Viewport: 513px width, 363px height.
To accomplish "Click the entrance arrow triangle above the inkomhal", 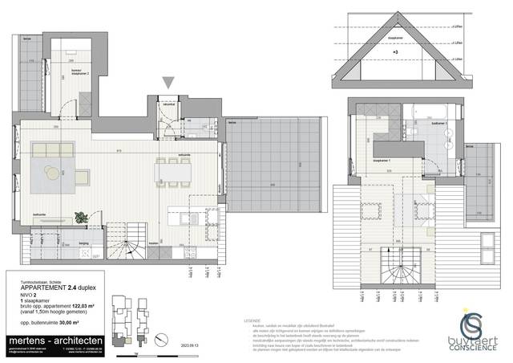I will (168, 82).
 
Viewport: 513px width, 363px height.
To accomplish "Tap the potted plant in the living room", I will (81, 216).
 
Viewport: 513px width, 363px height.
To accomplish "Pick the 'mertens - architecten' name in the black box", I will (50, 341).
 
